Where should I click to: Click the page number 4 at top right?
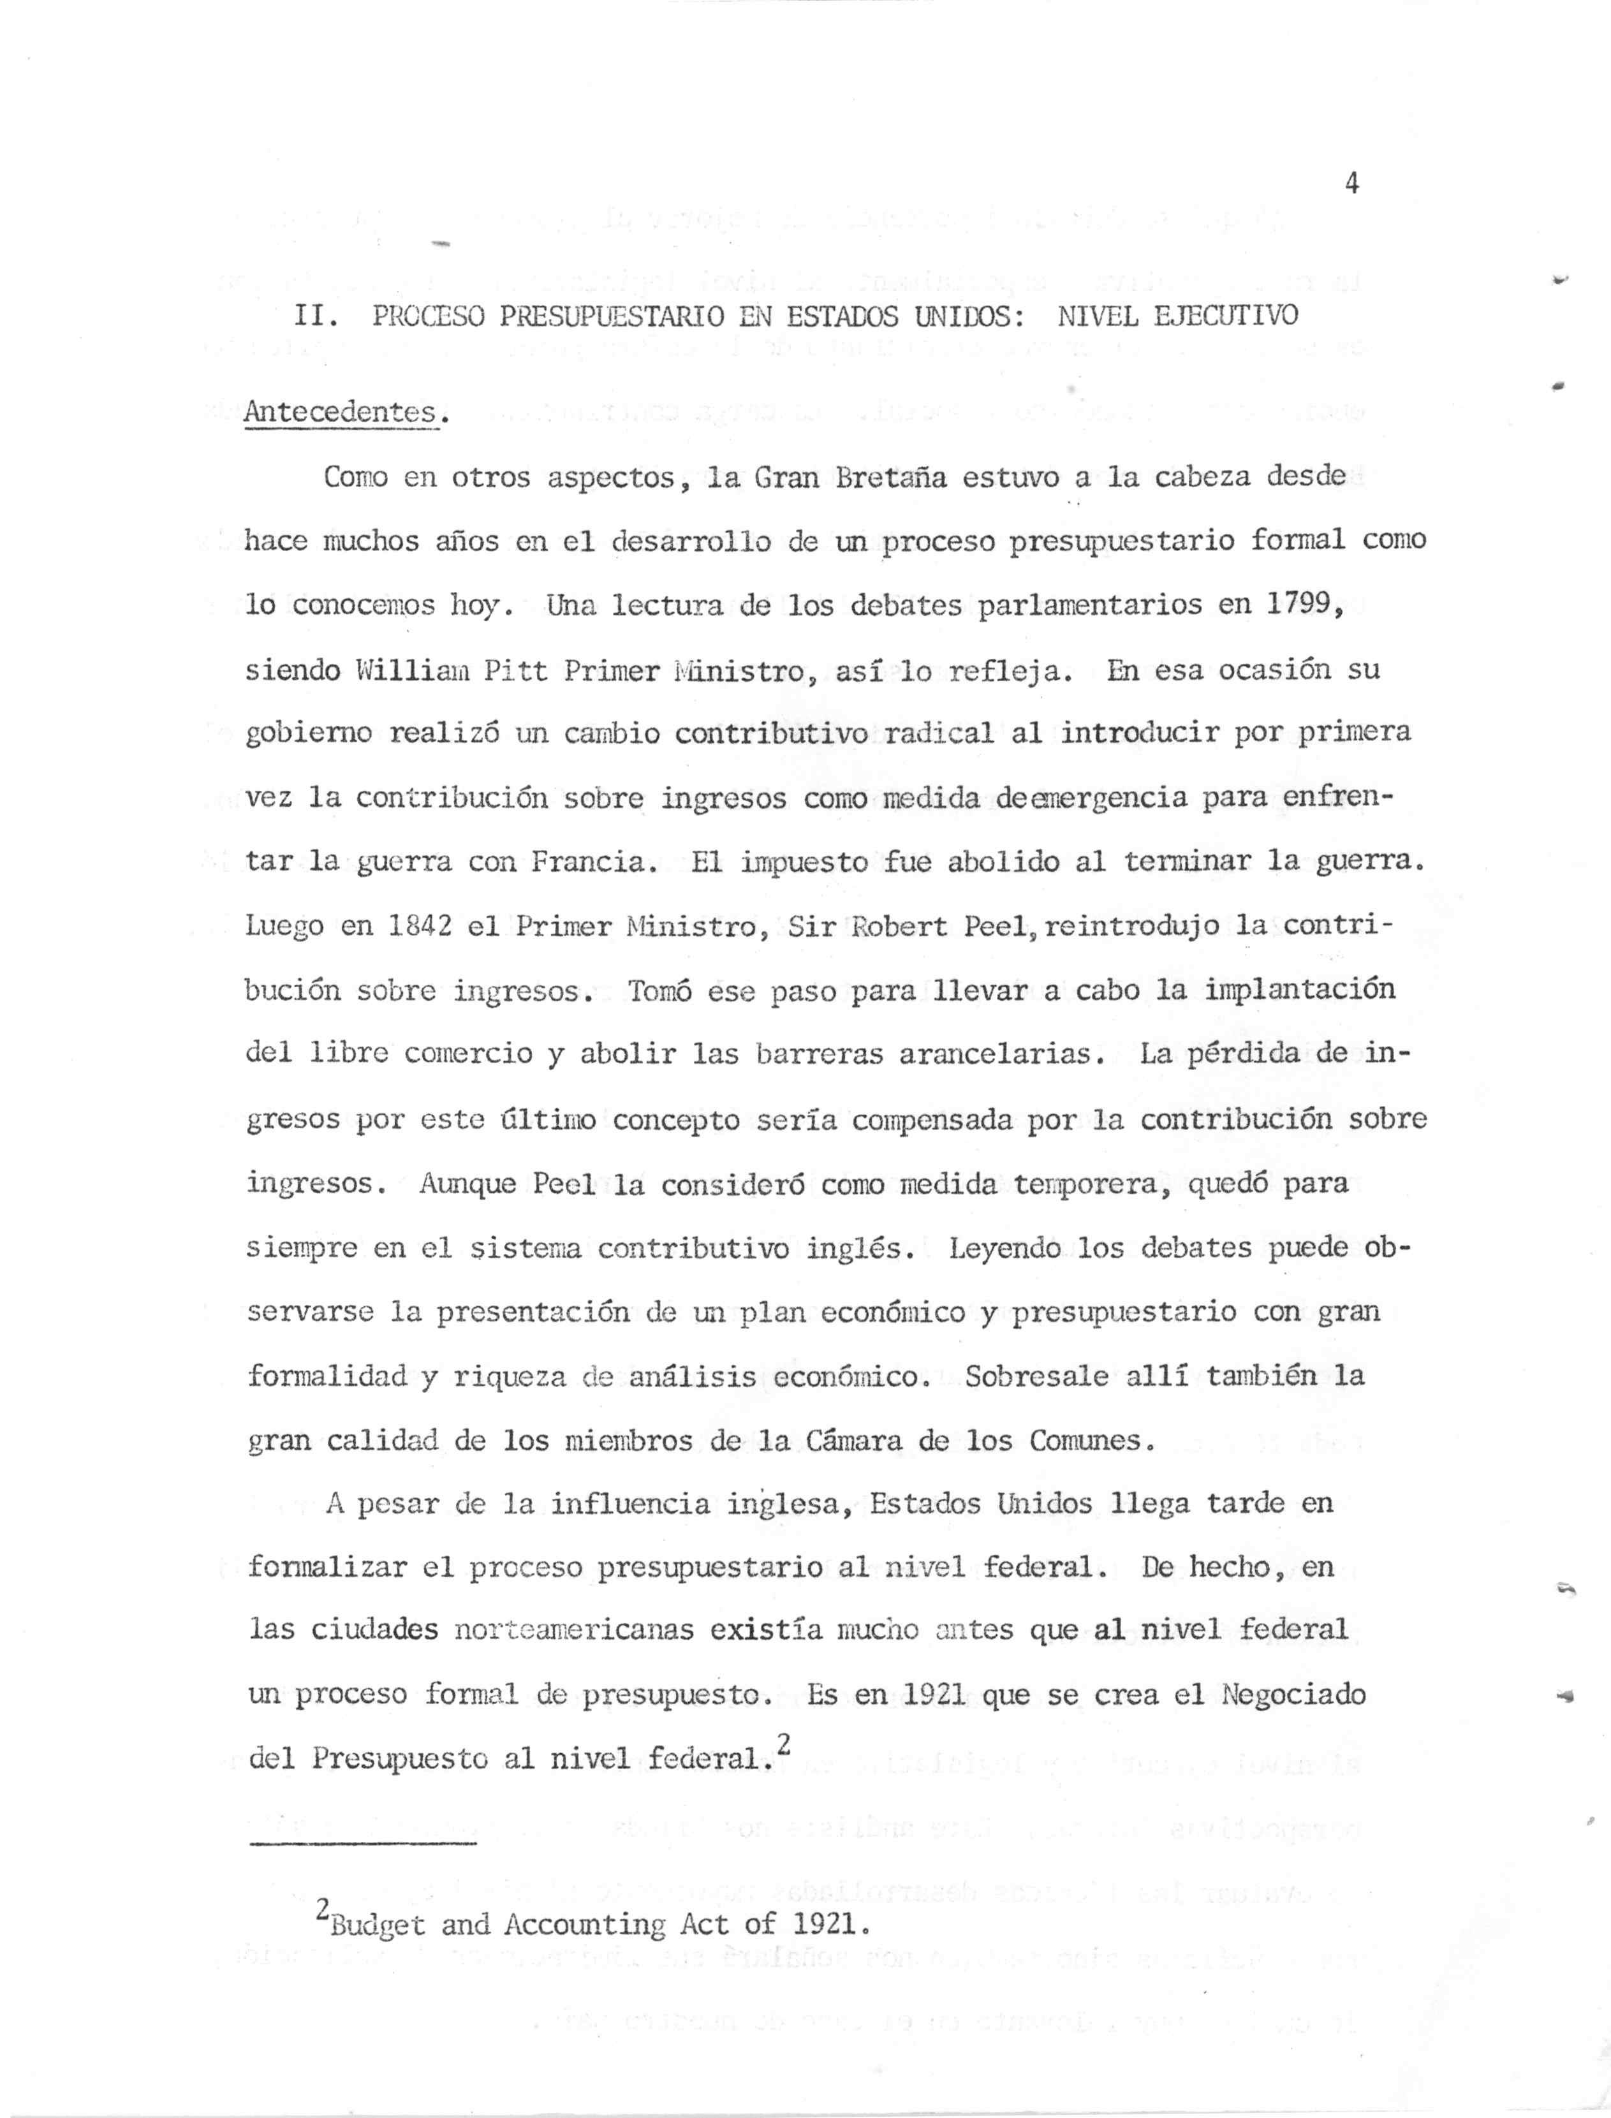[1352, 184]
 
